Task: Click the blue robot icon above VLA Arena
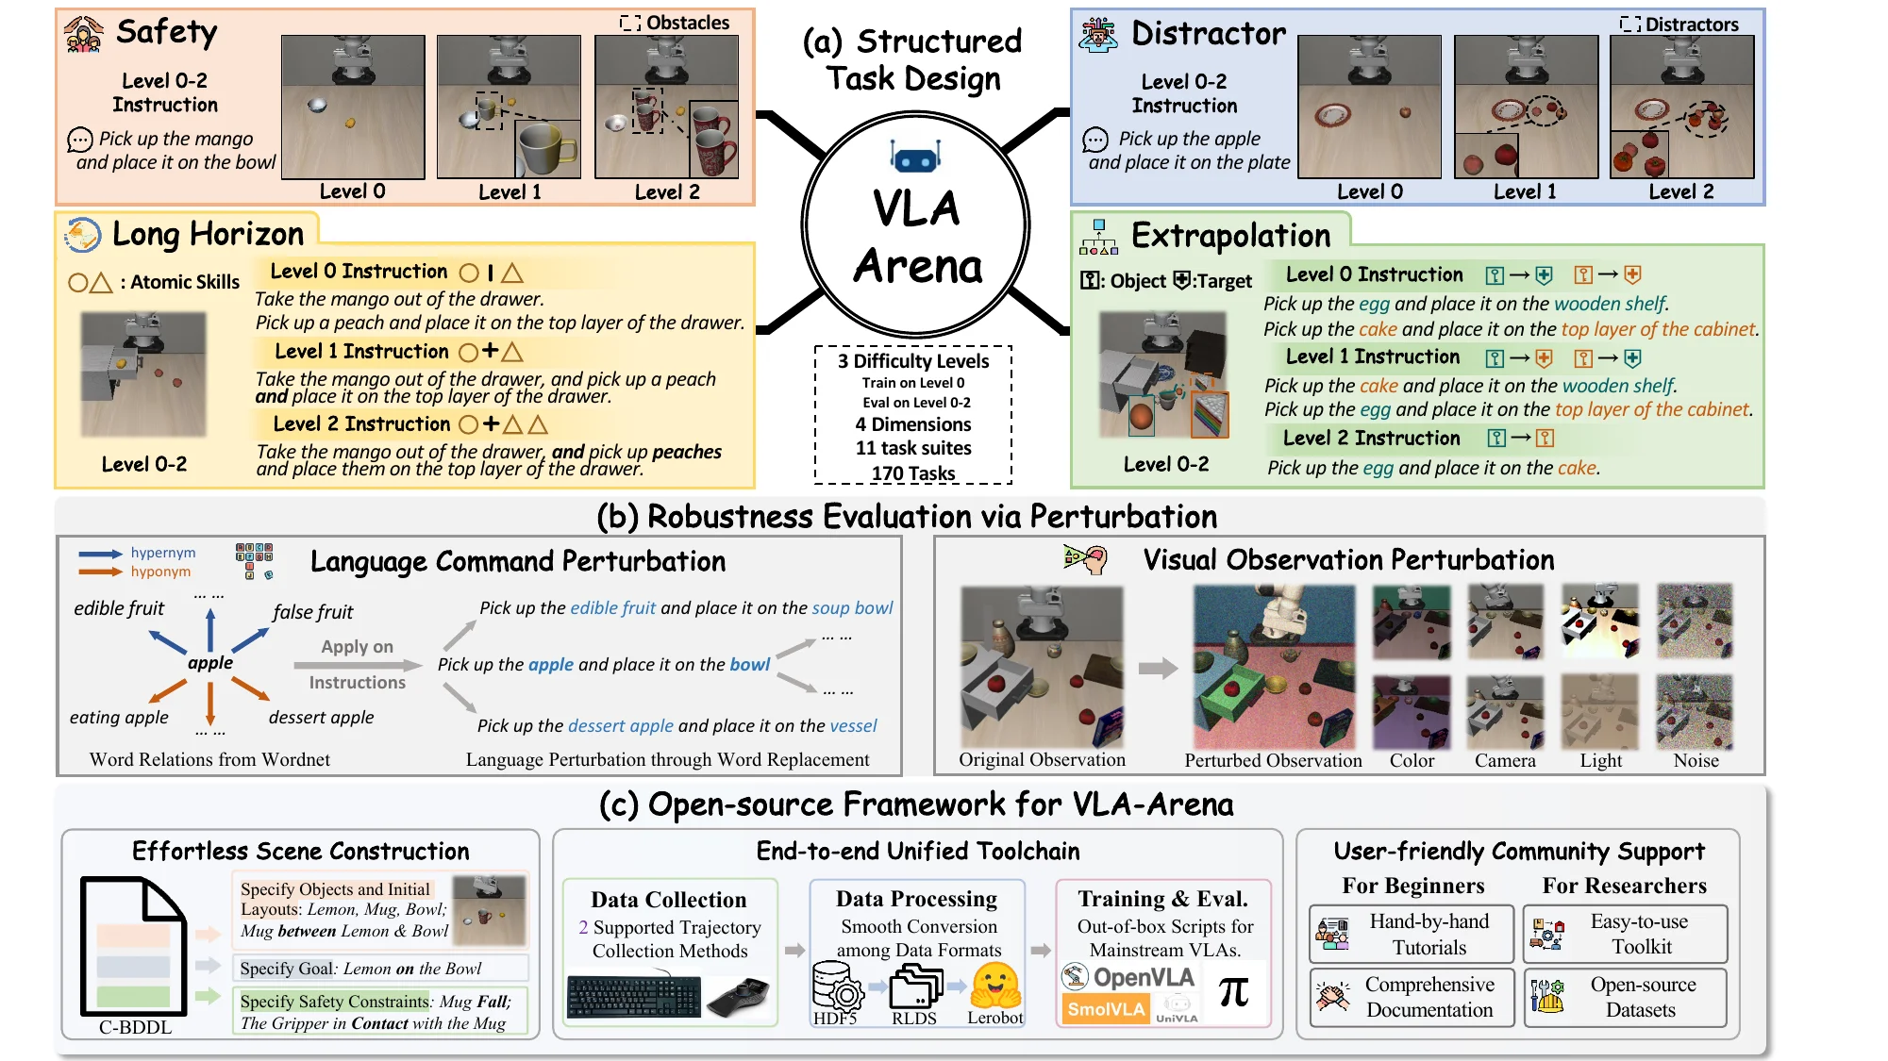tap(914, 157)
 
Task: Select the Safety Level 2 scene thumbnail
tap(666, 107)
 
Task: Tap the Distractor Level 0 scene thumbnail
tap(1369, 107)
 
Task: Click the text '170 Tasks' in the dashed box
tap(912, 473)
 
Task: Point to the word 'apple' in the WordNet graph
tap(209, 662)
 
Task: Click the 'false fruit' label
tap(312, 612)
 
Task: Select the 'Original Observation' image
tap(1042, 666)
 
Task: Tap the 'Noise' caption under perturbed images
tap(1696, 760)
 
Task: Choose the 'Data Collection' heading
tap(668, 900)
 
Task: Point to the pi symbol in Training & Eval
tap(1233, 992)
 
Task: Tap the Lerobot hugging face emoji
tap(995, 986)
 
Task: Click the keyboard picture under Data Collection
tap(633, 996)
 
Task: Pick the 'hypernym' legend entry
tap(162, 553)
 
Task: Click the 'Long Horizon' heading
tap(208, 234)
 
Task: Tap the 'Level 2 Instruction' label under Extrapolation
tap(1371, 438)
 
